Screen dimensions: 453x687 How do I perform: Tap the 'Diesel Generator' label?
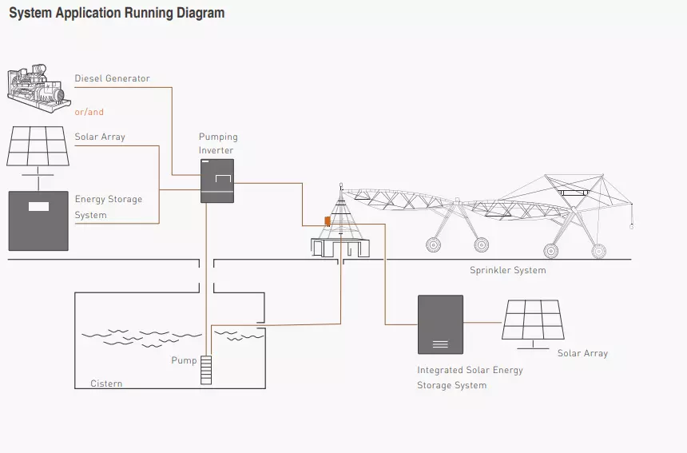coord(112,79)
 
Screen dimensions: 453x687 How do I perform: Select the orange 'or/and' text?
coord(89,113)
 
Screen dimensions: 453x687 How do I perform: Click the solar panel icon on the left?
coord(37,146)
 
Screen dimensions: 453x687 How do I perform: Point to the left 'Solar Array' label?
coord(100,137)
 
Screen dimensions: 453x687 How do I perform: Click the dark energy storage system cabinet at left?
coord(38,221)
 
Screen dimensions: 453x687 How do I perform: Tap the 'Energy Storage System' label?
coord(108,207)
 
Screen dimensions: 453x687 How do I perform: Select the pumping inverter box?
coord(216,181)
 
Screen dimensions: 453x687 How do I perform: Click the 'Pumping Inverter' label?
coord(217,144)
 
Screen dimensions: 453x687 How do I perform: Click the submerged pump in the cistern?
coord(206,369)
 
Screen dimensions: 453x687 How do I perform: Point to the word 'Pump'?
coord(184,361)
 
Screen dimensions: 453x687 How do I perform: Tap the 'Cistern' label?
coord(106,384)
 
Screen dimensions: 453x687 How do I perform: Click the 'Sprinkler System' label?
coord(507,271)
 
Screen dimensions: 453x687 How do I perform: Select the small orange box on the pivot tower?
coord(327,221)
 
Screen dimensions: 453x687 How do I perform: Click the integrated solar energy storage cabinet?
coord(440,324)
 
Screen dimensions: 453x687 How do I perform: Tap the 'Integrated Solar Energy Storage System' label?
coord(470,378)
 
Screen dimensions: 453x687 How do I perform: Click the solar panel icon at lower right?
coord(533,321)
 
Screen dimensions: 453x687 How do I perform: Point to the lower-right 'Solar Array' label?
coord(582,354)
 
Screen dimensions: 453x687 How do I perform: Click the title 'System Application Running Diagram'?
coord(117,14)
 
